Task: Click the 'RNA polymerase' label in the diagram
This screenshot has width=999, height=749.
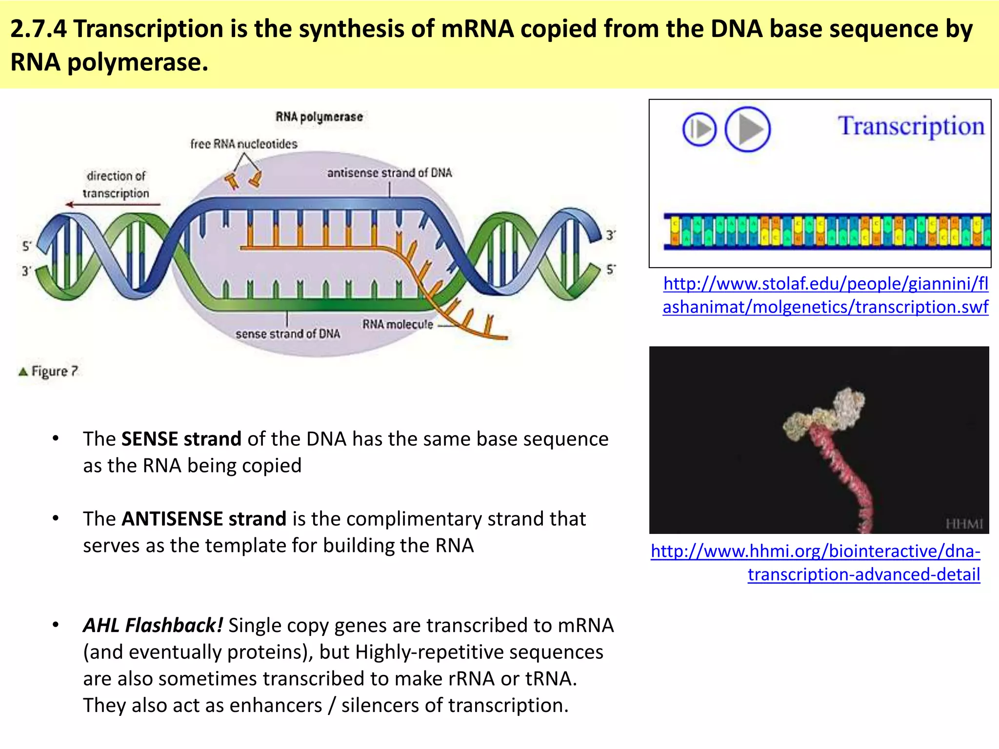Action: [x=319, y=117]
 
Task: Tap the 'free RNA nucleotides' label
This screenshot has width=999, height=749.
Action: [x=243, y=144]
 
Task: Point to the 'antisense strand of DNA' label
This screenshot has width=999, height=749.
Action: [x=389, y=173]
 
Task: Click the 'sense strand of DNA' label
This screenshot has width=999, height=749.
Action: [x=288, y=334]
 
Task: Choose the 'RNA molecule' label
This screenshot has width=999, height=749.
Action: [x=397, y=324]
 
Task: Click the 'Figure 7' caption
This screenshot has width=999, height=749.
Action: [x=49, y=372]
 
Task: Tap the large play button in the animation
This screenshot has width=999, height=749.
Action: [x=747, y=129]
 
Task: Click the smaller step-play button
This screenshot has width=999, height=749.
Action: [x=699, y=130]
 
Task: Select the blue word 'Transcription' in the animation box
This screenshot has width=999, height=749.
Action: [x=911, y=126]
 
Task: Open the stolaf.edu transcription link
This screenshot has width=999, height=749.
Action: [x=825, y=295]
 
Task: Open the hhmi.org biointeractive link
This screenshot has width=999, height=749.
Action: [x=816, y=563]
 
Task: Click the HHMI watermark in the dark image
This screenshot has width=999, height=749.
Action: [x=964, y=524]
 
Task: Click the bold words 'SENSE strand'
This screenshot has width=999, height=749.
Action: [x=181, y=439]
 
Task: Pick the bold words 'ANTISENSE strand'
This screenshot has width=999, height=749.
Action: [x=203, y=519]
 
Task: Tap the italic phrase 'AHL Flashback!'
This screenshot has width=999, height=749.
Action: [x=153, y=625]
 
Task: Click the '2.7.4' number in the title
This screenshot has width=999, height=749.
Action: [x=38, y=29]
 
